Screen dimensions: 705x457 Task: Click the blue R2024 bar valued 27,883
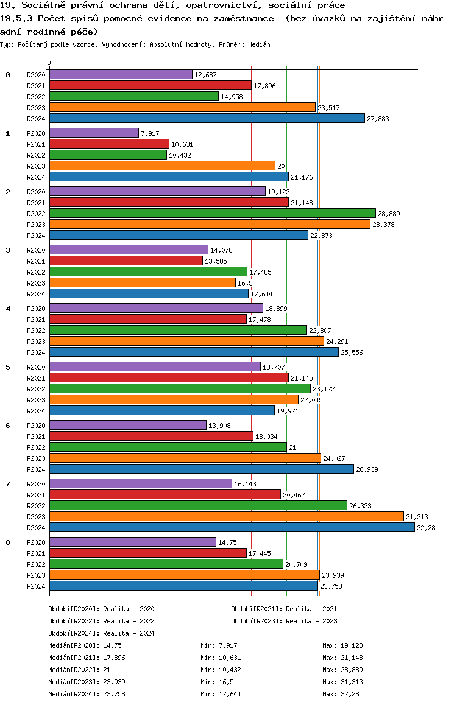pos(207,118)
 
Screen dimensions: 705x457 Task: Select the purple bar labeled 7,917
pos(94,133)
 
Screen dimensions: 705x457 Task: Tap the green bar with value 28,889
pos(212,213)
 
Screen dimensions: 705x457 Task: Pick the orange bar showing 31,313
pos(226,516)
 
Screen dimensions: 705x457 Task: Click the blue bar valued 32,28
pos(232,527)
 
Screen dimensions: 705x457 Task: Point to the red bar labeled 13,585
pos(126,261)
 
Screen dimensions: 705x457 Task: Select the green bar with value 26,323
pos(198,505)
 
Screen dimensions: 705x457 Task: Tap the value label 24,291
pos(338,342)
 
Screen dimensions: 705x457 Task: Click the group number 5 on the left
pos(8,367)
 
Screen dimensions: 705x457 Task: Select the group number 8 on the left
pos(8,542)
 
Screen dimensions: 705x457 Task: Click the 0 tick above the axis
pos(49,63)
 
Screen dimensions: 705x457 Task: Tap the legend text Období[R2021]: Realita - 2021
pos(284,609)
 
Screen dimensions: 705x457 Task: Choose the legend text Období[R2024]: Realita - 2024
pos(101,633)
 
